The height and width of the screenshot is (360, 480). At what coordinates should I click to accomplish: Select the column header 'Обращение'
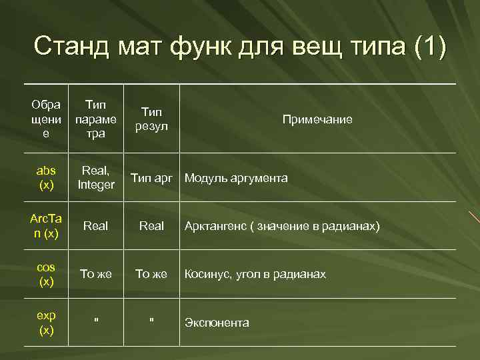pos(46,119)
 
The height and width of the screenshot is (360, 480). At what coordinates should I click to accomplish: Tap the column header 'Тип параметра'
pos(96,119)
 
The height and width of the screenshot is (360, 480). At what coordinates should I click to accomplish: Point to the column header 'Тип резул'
pos(151,119)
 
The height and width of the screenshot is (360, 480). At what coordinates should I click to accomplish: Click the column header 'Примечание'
pos(317,119)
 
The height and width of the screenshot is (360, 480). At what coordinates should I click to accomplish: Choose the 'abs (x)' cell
pos(46,177)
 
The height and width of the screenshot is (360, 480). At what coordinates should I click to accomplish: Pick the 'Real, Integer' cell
pos(96,177)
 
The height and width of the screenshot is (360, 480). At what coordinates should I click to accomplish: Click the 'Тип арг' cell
pos(151,178)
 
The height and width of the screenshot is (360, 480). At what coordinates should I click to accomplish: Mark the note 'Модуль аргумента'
pos(236,178)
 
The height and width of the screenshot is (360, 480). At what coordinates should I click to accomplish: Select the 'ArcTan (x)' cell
pos(46,225)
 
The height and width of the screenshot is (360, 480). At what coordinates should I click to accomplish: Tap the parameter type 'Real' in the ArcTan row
pos(96,226)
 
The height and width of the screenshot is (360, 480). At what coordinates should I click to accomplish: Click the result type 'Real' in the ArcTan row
pos(151,226)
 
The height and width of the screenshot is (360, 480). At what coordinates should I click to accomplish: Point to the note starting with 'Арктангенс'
pos(282,226)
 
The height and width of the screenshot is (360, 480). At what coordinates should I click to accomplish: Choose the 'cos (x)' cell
pos(46,274)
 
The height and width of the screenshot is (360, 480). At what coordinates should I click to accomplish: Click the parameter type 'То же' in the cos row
pos(96,274)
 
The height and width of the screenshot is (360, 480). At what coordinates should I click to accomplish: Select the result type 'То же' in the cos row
pos(151,274)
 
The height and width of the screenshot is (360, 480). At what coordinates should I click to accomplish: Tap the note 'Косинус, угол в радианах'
pos(255,274)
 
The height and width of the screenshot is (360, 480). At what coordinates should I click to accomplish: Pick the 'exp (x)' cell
pos(46,322)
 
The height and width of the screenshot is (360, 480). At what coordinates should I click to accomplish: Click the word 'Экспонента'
pos(217,323)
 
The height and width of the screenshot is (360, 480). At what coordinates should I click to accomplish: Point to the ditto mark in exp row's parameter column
pos(96,320)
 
